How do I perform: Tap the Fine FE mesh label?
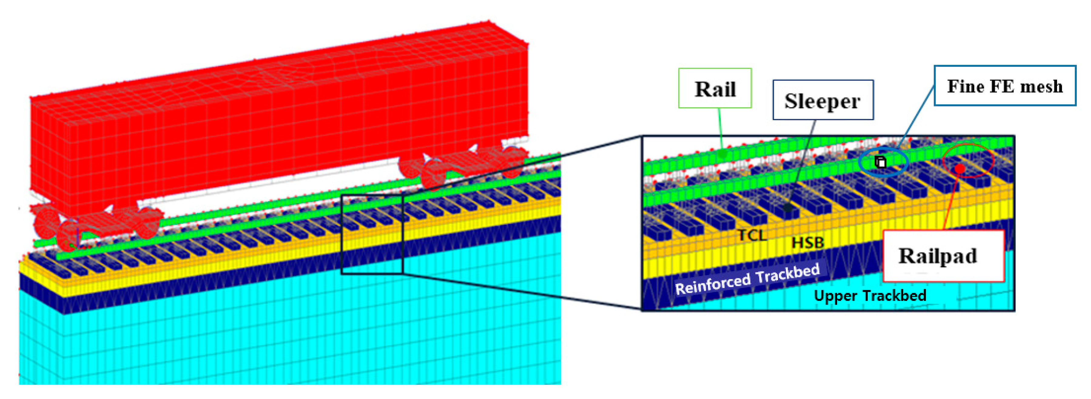tap(1005, 86)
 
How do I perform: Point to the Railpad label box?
tap(943, 256)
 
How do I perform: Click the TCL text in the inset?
tap(752, 235)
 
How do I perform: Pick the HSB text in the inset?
tap(808, 243)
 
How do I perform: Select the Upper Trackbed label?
tap(870, 295)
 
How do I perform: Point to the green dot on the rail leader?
tap(723, 153)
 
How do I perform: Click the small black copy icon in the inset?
tap(881, 162)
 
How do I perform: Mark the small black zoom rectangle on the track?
tap(372, 234)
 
